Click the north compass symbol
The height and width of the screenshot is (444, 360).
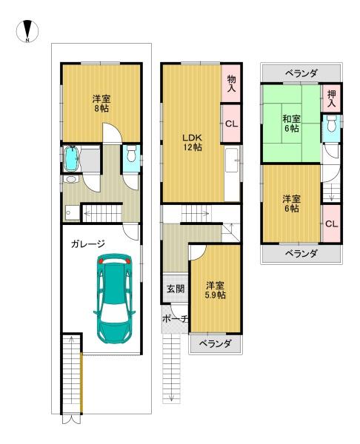(27, 31)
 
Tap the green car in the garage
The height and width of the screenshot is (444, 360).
(115, 298)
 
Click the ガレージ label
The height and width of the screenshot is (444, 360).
(88, 243)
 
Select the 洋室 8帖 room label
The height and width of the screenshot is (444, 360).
(101, 104)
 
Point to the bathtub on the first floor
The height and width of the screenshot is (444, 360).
(71, 158)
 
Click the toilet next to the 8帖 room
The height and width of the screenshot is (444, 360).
(131, 155)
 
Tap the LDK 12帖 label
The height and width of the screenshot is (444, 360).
(192, 142)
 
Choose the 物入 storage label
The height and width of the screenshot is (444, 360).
(231, 83)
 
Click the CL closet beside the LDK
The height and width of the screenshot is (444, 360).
(232, 124)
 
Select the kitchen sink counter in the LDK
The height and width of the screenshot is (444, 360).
(232, 160)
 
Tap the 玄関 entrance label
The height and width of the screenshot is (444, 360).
(176, 289)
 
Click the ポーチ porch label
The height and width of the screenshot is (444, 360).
(175, 319)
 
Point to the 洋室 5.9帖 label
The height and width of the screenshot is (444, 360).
(215, 290)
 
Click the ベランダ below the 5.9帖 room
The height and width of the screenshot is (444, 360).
(215, 344)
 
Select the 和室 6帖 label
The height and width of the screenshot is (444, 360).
(291, 124)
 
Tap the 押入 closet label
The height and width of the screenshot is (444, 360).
(331, 98)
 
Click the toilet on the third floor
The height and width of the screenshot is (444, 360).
(331, 124)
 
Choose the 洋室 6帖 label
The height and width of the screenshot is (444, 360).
(291, 203)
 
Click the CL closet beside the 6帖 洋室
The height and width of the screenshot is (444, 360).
(331, 224)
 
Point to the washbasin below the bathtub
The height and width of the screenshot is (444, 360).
(70, 179)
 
